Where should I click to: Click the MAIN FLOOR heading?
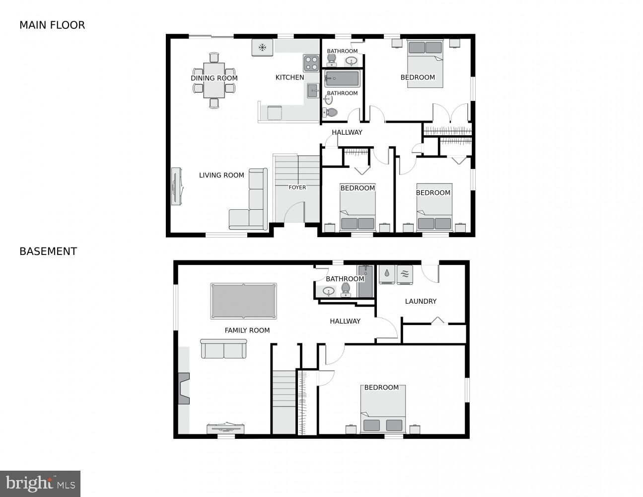pyautogui.click(x=52, y=25)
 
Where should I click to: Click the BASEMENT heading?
pyautogui.click(x=48, y=251)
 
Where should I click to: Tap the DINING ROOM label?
pyautogui.click(x=214, y=78)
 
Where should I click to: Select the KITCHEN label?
pyautogui.click(x=289, y=78)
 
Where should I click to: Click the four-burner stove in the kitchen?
pyautogui.click(x=311, y=63)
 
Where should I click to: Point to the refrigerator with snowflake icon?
pyautogui.click(x=263, y=48)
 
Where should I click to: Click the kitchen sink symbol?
pyautogui.click(x=313, y=90)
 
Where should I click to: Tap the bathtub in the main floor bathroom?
pyautogui.click(x=342, y=79)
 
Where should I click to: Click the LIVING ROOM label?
pyautogui.click(x=221, y=175)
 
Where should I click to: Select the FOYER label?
pyautogui.click(x=297, y=187)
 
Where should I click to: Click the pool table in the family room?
pyautogui.click(x=243, y=301)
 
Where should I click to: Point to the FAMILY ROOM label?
pyautogui.click(x=247, y=330)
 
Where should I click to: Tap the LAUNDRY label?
pyautogui.click(x=421, y=301)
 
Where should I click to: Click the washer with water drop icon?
pyautogui.click(x=387, y=274)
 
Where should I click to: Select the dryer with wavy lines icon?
pyautogui.click(x=405, y=274)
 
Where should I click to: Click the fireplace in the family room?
pyautogui.click(x=184, y=388)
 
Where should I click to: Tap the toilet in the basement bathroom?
pyautogui.click(x=346, y=290)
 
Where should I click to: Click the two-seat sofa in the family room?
pyautogui.click(x=223, y=349)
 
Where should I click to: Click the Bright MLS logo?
pyautogui.click(x=40, y=484)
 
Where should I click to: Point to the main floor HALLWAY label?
pyautogui.click(x=347, y=132)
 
